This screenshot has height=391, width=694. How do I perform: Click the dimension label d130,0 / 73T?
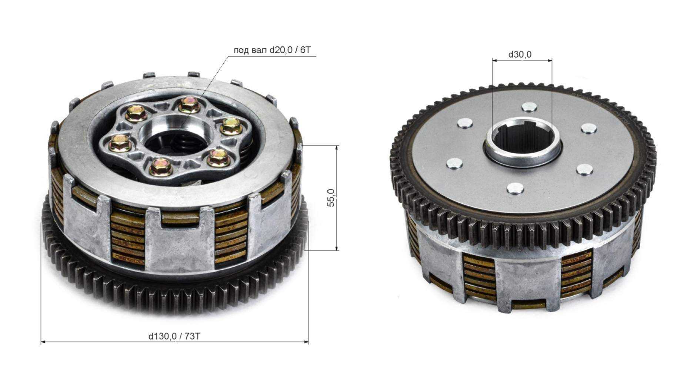click(174, 336)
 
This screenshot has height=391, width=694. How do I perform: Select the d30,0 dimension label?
click(520, 54)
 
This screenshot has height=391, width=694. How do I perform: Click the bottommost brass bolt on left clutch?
click(161, 167)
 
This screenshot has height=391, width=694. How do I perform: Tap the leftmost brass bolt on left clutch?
click(120, 143)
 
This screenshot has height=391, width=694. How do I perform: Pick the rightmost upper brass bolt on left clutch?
click(231, 126)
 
